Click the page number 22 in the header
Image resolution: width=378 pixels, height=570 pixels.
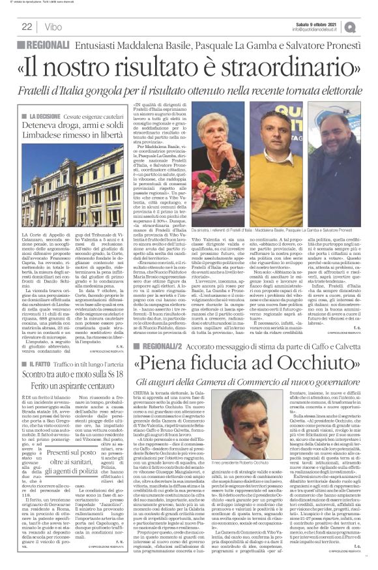tap(27, 26)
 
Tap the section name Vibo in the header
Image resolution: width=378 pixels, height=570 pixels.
tap(54, 26)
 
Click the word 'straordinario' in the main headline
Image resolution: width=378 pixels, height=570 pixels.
tap(269, 67)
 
